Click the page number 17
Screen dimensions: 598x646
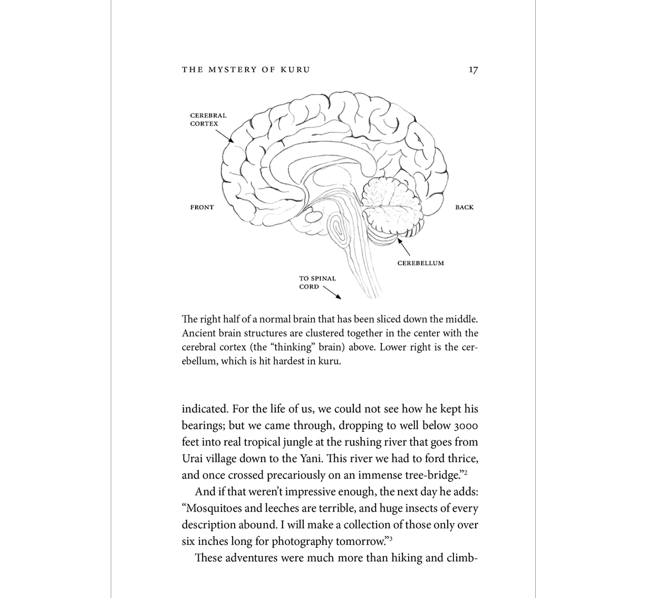click(473, 70)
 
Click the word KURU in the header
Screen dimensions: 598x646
click(296, 70)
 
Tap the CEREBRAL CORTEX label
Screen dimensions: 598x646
click(208, 120)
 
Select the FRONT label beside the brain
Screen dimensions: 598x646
click(202, 207)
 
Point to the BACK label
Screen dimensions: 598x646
click(464, 207)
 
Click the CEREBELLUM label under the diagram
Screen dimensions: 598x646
click(420, 263)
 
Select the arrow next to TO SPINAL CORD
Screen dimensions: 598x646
click(332, 292)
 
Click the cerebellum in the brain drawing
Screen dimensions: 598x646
click(393, 208)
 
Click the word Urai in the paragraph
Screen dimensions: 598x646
click(192, 459)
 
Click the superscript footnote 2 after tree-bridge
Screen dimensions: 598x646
click(466, 472)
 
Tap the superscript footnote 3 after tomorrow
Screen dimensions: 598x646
click(390, 538)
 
